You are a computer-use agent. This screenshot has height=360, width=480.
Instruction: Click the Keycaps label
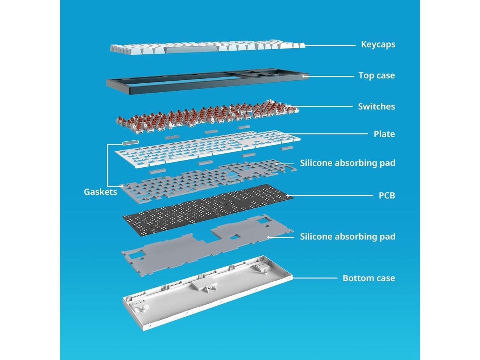click(x=378, y=44)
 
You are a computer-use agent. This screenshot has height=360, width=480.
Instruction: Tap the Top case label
click(x=376, y=75)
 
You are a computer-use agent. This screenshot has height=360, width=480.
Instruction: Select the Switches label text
click(x=376, y=106)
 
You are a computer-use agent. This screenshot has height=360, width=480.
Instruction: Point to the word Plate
click(x=384, y=134)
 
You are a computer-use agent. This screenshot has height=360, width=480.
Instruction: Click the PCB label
click(x=387, y=195)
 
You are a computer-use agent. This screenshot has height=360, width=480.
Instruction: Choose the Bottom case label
click(x=369, y=278)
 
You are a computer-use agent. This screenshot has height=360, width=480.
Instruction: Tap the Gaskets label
click(x=100, y=192)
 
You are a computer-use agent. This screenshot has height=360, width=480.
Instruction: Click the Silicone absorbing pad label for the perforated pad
click(x=347, y=163)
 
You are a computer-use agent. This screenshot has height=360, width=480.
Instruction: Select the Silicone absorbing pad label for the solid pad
click(x=347, y=237)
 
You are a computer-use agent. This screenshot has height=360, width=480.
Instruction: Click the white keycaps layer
click(x=206, y=48)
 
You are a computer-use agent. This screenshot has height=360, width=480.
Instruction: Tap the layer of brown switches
click(x=206, y=114)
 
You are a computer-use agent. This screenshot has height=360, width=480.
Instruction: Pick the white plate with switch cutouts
click(x=206, y=148)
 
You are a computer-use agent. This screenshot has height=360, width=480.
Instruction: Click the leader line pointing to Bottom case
click(x=315, y=278)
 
